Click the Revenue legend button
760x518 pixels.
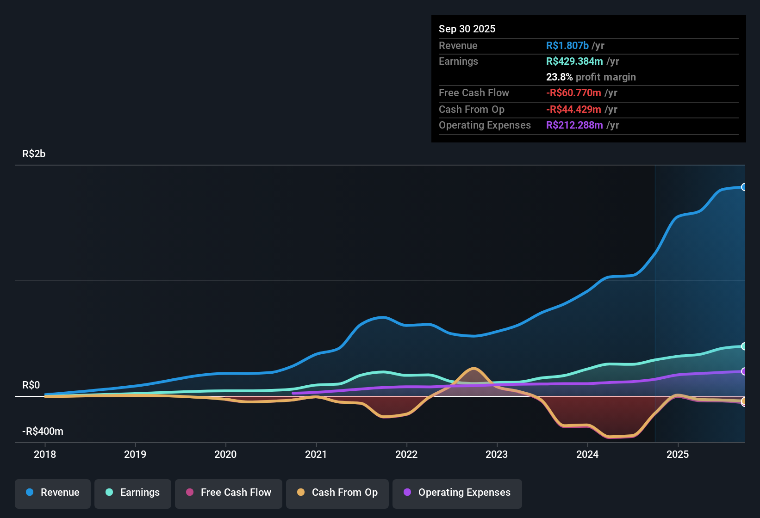pos(53,493)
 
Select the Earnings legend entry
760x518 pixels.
pos(133,493)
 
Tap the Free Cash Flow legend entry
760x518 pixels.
pos(229,493)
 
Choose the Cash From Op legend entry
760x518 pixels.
pos(337,493)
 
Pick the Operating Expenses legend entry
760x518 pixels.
pos(457,493)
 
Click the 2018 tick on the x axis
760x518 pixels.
pos(45,455)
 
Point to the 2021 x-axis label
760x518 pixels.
pos(316,455)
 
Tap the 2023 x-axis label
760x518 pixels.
pos(497,455)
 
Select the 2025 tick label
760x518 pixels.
pos(678,455)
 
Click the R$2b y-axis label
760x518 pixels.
pos(34,154)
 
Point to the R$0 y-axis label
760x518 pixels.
pos(31,385)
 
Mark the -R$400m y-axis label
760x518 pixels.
pos(43,432)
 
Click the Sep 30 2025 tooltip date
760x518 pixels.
pos(467,29)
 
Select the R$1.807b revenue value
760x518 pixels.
pos(567,46)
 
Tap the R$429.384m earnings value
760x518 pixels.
pos(574,62)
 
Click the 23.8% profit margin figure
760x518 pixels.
pos(559,77)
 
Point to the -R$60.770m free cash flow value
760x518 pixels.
pos(573,93)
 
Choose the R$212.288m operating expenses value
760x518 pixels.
pos(574,125)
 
